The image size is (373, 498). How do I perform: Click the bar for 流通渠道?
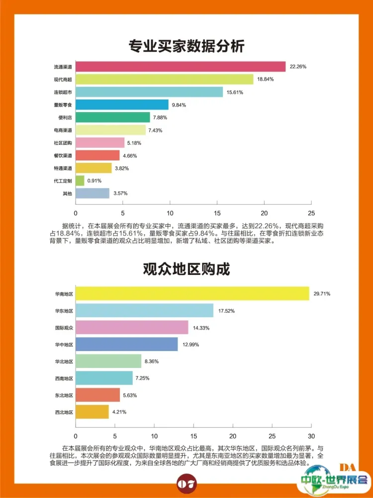181,67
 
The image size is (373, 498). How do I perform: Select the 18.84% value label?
265,79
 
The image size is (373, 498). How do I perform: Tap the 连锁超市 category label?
63,92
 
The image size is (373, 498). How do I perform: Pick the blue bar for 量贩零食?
122,105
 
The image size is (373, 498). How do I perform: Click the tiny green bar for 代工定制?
80,181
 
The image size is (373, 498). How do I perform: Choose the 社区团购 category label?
63,143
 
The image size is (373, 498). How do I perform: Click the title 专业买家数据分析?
186,46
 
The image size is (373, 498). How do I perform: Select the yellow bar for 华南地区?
192,294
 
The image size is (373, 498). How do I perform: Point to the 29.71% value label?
322,294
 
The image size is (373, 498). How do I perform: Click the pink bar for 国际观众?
132,327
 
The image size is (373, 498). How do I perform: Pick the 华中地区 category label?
64,344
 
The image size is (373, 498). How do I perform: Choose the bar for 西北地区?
92,412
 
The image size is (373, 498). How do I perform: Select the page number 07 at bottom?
186,483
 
